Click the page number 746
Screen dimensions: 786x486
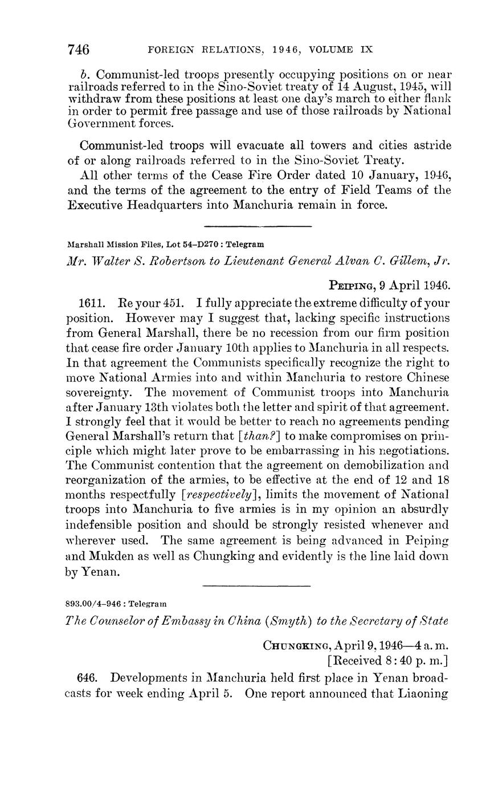79,50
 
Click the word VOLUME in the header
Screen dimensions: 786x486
331,50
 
